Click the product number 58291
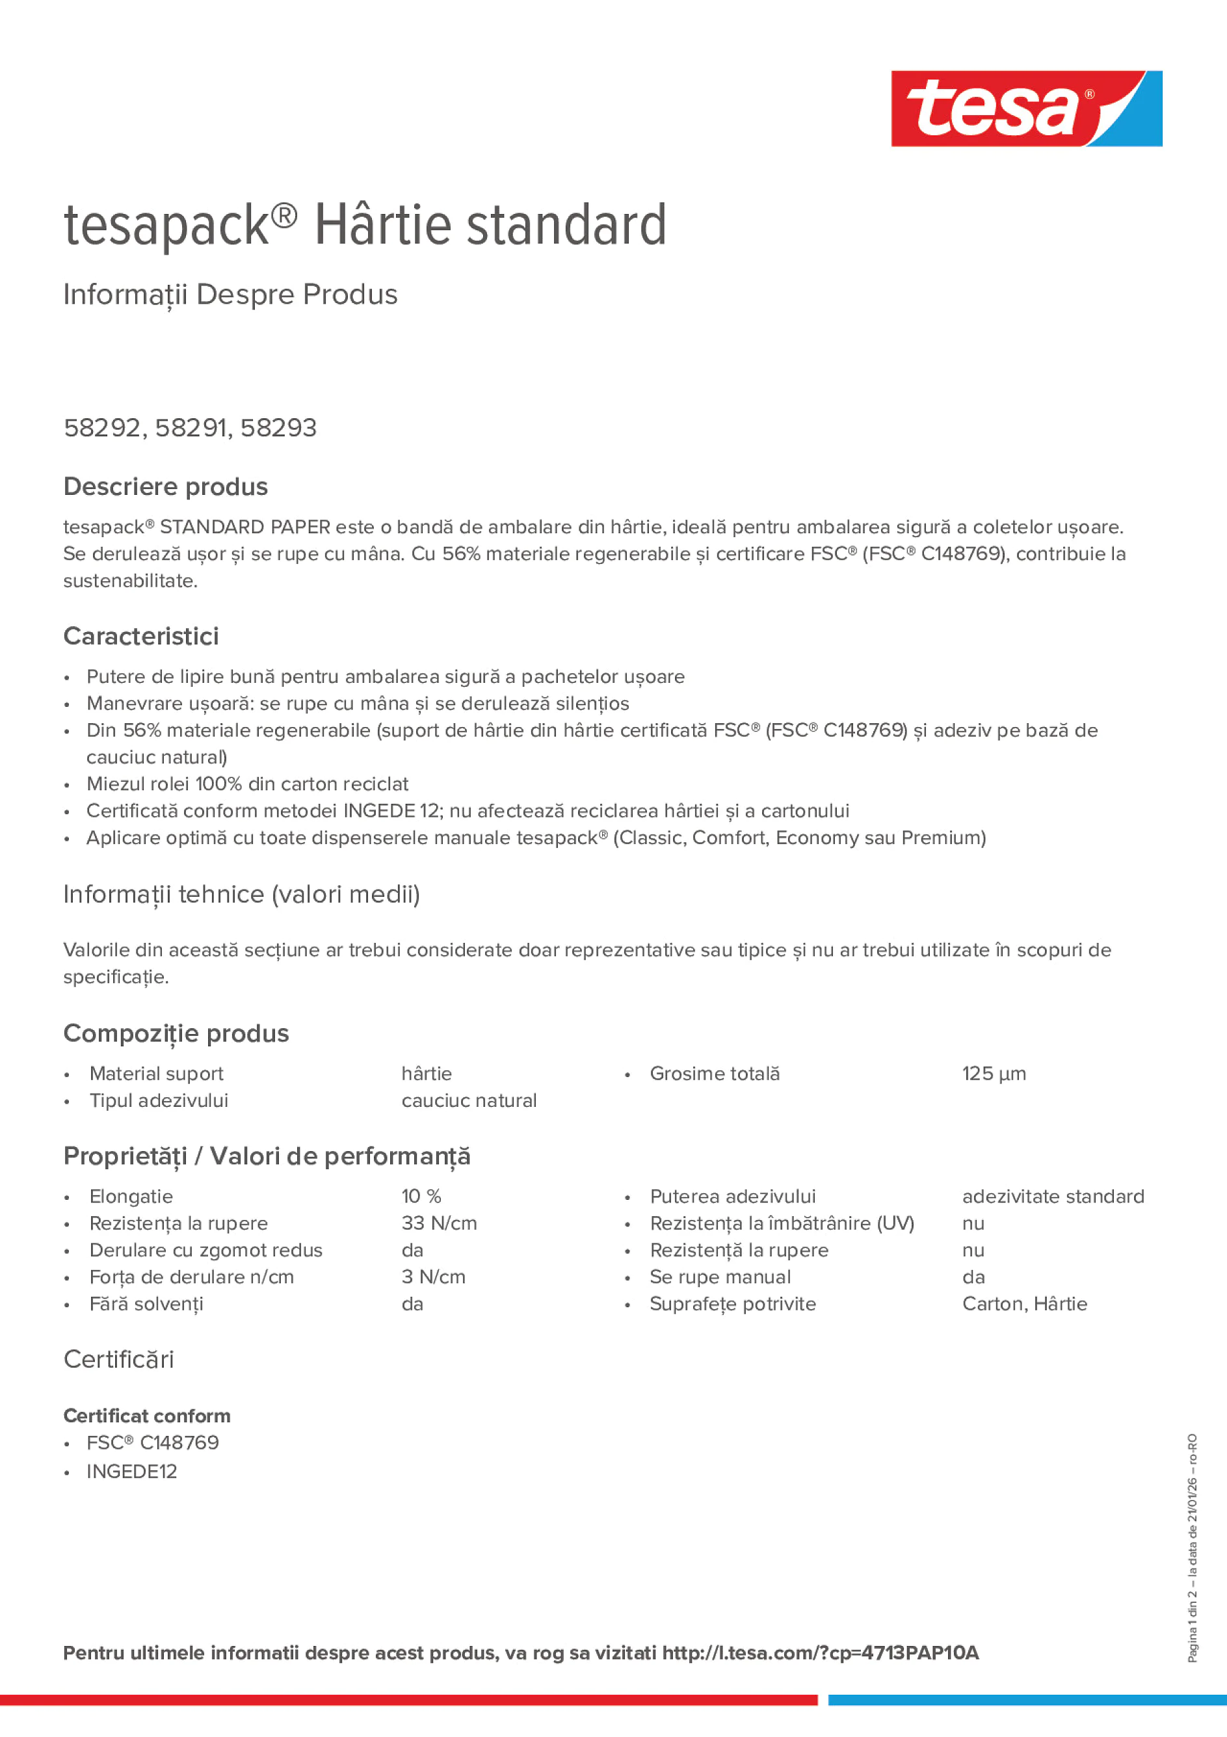(191, 428)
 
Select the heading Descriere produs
(165, 486)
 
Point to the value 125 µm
(994, 1074)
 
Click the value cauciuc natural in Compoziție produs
(468, 1101)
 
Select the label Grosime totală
(714, 1074)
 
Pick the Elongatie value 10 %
(421, 1196)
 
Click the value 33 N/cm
(439, 1223)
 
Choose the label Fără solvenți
(146, 1305)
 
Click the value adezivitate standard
(1052, 1196)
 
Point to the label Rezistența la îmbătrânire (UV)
(782, 1223)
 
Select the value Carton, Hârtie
(1024, 1305)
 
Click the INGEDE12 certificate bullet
(131, 1472)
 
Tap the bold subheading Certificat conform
(147, 1416)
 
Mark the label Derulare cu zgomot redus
(205, 1251)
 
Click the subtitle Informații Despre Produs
(230, 295)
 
